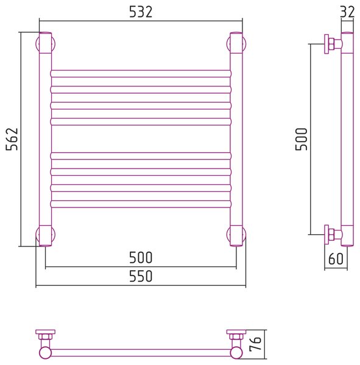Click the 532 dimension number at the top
pyautogui.click(x=141, y=12)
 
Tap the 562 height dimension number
pyautogui.click(x=12, y=139)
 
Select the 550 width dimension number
pyautogui.click(x=141, y=276)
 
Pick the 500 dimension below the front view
pyautogui.click(x=141, y=258)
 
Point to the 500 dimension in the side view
pyautogui.click(x=302, y=139)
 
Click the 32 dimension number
pyautogui.click(x=347, y=12)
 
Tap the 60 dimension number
pyautogui.click(x=336, y=259)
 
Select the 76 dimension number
pyautogui.click(x=255, y=344)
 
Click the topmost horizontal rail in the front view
pyautogui.click(x=141, y=74)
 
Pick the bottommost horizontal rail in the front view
pyautogui.click(x=141, y=204)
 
